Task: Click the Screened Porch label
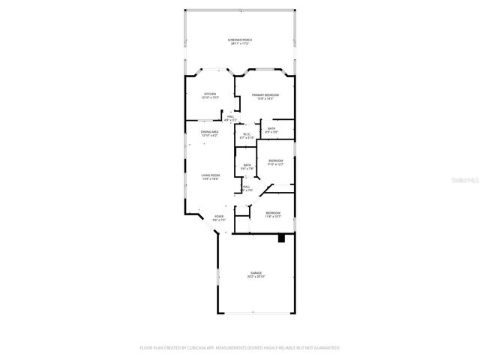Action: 239,40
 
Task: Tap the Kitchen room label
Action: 210,94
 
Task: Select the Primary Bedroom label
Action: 265,94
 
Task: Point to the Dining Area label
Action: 209,132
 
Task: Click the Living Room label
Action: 209,175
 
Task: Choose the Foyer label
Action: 219,216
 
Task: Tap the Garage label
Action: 256,272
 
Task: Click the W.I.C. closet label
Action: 247,134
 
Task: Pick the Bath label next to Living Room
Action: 247,165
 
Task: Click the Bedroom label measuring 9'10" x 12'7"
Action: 276,160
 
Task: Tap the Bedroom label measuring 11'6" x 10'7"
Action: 272,212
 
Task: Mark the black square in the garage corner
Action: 281,239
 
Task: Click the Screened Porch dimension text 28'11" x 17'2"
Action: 239,44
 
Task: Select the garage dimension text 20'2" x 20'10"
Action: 256,277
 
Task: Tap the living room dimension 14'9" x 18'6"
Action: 209,179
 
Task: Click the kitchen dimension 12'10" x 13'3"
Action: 210,98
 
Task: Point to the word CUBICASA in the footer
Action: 217,348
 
